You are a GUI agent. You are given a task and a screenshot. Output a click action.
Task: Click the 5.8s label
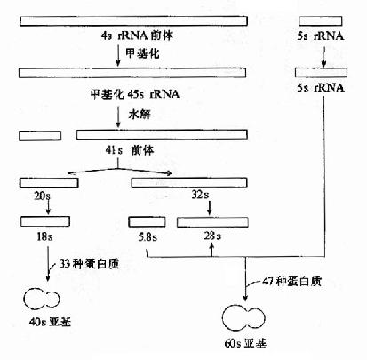coord(146,237)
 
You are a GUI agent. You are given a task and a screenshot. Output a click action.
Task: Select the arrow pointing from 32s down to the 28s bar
coord(210,207)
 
